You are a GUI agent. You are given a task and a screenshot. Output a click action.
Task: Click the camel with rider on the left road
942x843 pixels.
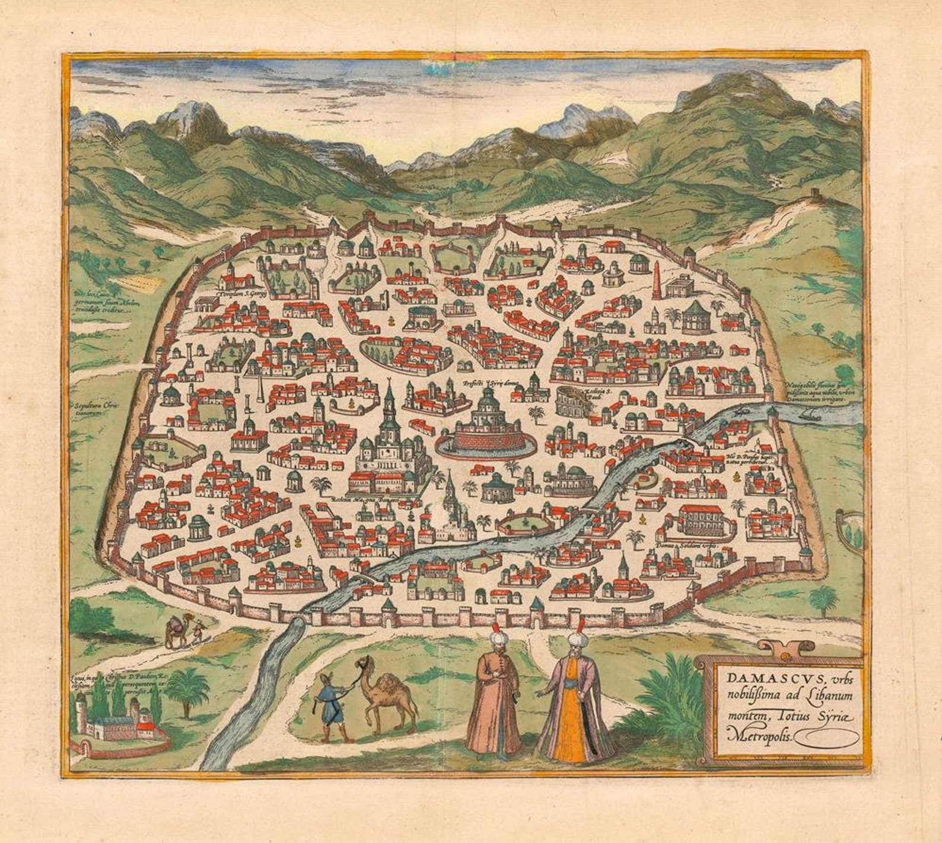[x=175, y=632]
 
